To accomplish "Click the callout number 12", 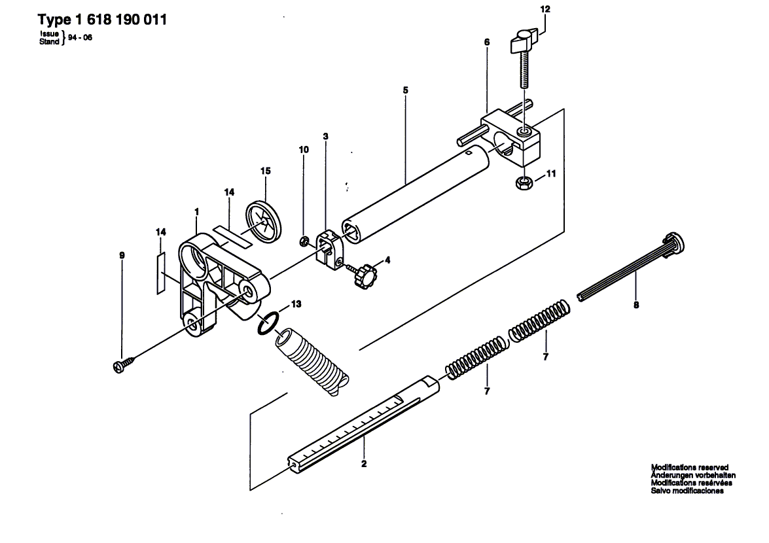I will click(x=545, y=10).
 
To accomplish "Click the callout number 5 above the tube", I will click(x=406, y=89).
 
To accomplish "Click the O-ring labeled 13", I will click(x=268, y=323).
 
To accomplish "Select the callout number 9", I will click(x=122, y=255).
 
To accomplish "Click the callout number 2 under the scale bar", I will click(x=364, y=464).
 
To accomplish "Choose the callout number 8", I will click(x=635, y=304).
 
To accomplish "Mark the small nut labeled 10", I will click(x=304, y=243).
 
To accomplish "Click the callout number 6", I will click(x=487, y=42).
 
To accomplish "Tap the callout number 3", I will click(x=325, y=137).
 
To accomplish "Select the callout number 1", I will click(x=196, y=211).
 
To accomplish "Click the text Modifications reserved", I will click(x=689, y=467).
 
